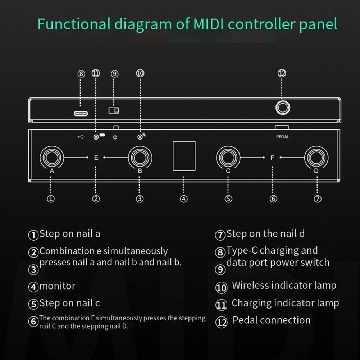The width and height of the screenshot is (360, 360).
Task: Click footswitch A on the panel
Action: pos(52,157)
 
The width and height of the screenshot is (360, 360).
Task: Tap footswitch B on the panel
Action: pos(140,157)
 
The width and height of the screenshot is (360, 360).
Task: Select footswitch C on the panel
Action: pos(228,157)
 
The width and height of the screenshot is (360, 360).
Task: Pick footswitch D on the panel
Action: pos(316,157)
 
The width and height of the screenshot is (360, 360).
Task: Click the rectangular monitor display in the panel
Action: pos(184,156)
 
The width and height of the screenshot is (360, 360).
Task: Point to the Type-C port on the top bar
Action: pos(81,114)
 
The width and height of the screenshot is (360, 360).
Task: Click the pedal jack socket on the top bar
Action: pos(283,108)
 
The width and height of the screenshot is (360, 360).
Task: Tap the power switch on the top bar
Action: pos(114,110)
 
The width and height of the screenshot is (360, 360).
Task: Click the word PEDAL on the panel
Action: pos(283,137)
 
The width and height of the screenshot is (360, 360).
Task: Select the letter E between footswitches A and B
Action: pos(96,158)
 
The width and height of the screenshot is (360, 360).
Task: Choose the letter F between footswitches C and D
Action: pos(272,158)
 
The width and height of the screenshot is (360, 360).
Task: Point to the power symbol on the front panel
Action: pos(115,137)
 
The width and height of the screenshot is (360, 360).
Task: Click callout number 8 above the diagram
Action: pos(81,74)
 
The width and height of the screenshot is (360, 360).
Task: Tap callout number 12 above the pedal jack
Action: pos(282,73)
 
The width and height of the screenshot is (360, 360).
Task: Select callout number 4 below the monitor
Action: pos(184,199)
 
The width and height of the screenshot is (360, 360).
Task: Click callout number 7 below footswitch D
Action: pos(318,199)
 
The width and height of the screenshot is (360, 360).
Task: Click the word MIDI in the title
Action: pos(209,24)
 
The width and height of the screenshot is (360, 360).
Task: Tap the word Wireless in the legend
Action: pos(250,286)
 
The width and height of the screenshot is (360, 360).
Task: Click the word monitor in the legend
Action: pos(58,286)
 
